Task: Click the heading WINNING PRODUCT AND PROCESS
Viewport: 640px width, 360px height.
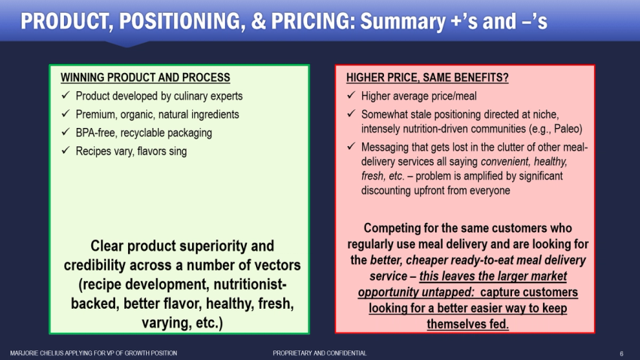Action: (145, 78)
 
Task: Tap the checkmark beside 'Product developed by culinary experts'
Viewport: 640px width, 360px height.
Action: (66, 96)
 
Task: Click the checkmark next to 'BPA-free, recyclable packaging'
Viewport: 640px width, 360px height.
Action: (66, 133)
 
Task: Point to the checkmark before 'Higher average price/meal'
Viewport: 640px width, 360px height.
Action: (351, 96)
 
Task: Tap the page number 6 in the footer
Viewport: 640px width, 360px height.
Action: (621, 353)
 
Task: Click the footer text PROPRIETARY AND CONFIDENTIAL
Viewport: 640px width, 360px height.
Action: (319, 353)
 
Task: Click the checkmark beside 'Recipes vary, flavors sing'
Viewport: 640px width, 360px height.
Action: (66, 151)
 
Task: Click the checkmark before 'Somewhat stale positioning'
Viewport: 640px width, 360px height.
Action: (351, 114)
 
